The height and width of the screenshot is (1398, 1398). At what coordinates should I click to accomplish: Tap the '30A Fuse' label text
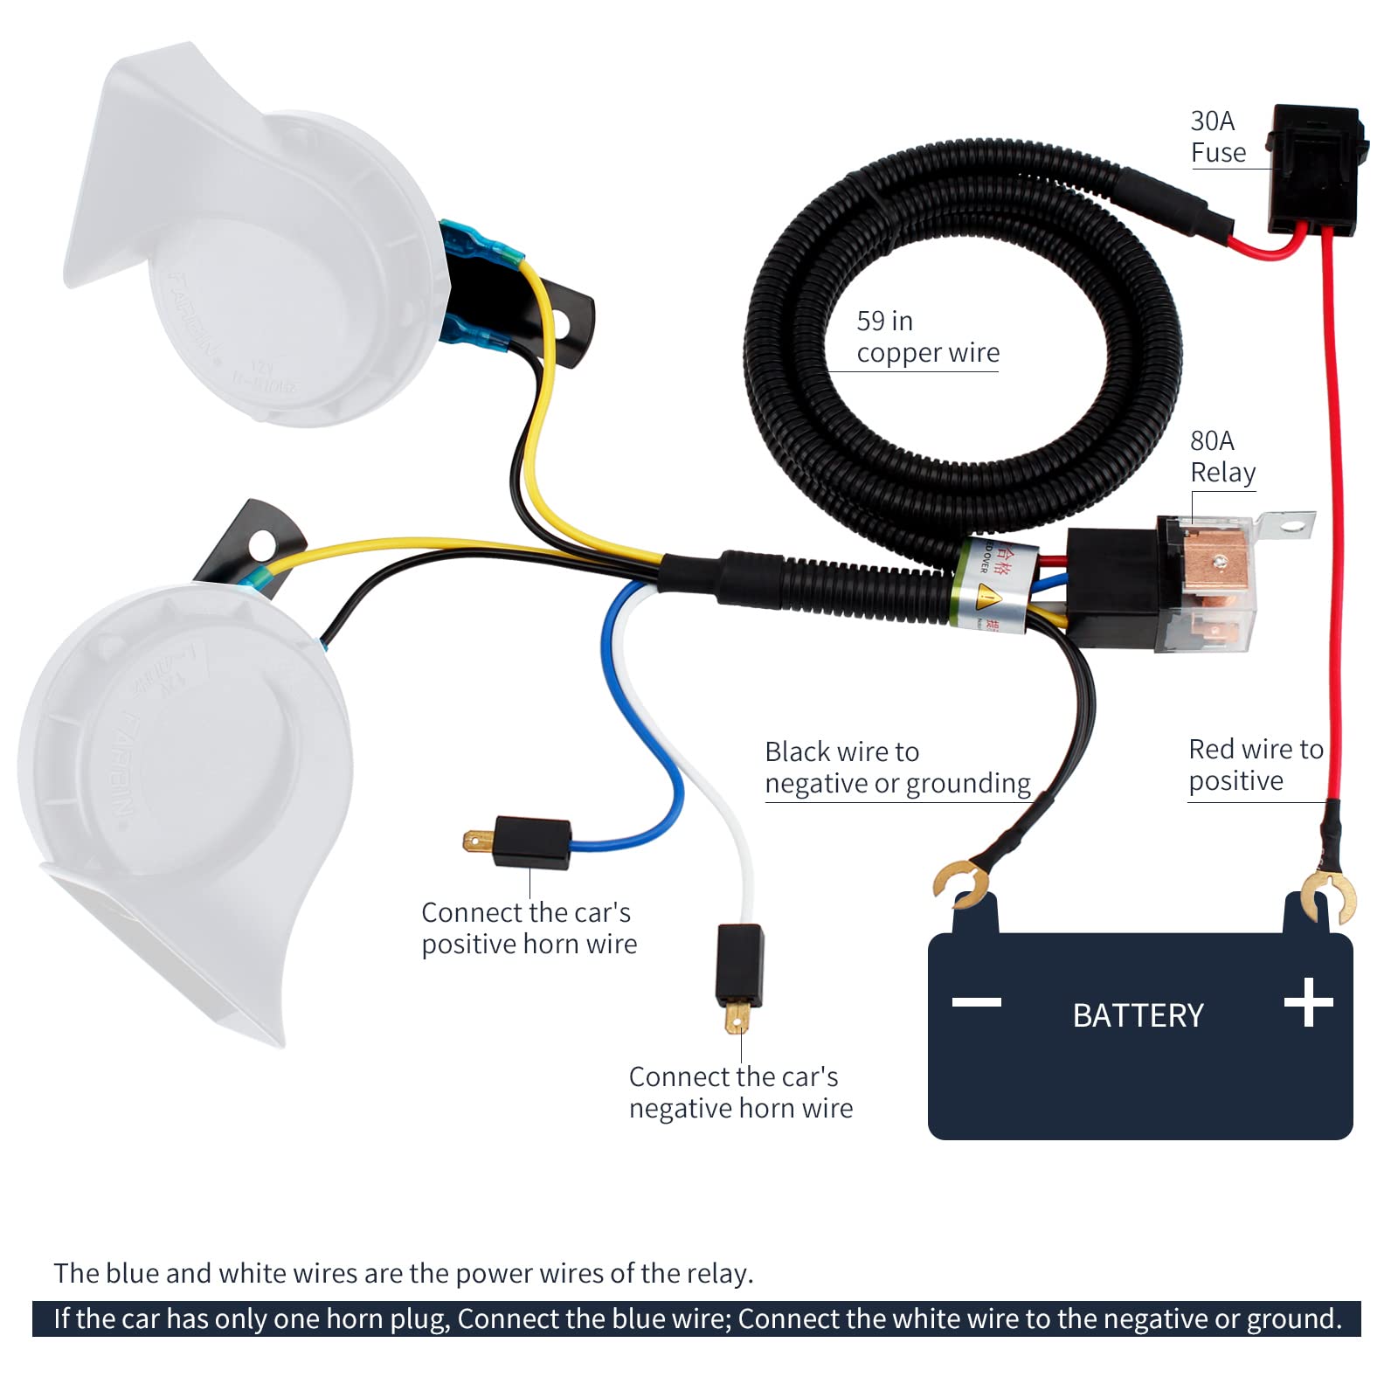coord(1217,136)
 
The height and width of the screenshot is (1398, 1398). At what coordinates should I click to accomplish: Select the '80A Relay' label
coord(1222,456)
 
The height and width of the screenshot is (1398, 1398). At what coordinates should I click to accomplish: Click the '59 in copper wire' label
coord(926,336)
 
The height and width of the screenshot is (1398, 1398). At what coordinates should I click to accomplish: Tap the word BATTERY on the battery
coord(1138,1015)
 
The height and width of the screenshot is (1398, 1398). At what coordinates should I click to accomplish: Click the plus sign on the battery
coord(1308,1002)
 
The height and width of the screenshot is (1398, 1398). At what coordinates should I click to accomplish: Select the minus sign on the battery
coord(976,1001)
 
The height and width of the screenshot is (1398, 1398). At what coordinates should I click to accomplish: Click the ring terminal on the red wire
coord(1328,896)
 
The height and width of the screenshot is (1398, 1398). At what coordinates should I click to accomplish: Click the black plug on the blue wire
coord(531,842)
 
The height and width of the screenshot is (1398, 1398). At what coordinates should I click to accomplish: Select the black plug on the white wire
coord(739,965)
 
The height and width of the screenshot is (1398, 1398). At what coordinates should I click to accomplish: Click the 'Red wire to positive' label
coord(1255,765)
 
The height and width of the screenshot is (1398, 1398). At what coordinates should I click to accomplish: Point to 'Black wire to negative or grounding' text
coord(896,767)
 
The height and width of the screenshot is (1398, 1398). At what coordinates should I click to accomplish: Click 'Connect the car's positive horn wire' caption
coord(529,928)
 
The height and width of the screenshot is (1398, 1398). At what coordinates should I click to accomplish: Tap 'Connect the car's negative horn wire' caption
coord(740,1092)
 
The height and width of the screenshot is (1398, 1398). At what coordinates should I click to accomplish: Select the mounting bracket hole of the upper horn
coord(560,326)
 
